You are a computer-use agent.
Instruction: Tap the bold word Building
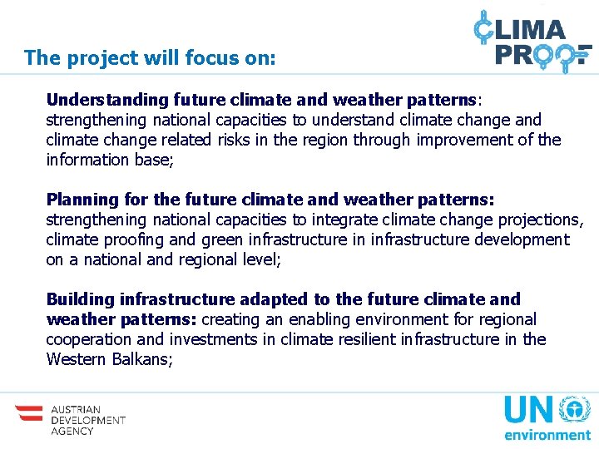click(81, 299)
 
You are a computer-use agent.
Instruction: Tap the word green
click(220, 239)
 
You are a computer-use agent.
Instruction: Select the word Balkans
click(142, 359)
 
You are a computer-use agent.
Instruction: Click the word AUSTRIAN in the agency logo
click(76, 410)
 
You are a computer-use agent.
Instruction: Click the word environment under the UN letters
click(546, 434)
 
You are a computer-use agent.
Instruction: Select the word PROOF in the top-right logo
click(542, 54)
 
